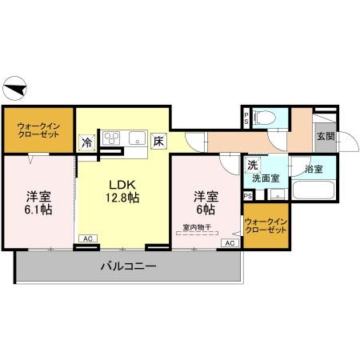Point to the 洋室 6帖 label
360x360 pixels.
(x=206, y=202)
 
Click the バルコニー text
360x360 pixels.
(x=128, y=266)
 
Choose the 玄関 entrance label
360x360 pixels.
(x=325, y=136)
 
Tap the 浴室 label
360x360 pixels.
(x=313, y=170)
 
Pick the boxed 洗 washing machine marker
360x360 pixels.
(x=251, y=165)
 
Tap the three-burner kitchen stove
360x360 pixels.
(x=110, y=135)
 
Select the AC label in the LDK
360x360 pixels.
(x=86, y=238)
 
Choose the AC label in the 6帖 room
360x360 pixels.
(x=229, y=242)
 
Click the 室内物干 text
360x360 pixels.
(x=197, y=227)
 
